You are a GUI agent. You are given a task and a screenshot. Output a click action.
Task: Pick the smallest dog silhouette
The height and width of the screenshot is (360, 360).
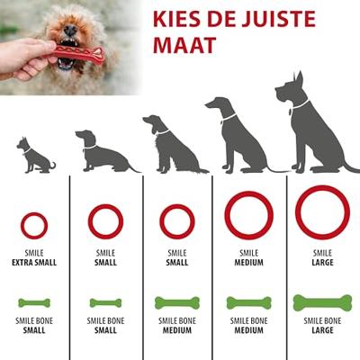(35, 156)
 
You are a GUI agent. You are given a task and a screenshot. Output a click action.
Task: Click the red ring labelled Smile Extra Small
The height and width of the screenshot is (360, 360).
(34, 225)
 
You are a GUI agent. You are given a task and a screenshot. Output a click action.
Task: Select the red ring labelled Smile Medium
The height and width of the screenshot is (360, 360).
(248, 216)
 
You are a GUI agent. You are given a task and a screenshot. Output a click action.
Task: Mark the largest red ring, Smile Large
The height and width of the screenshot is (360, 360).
(321, 211)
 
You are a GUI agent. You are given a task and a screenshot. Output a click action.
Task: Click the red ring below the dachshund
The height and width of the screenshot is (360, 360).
(105, 221)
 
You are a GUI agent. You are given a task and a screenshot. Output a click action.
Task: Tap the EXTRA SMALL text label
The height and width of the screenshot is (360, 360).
(34, 264)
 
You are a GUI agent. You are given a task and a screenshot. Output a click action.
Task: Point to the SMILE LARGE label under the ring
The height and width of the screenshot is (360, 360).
(321, 258)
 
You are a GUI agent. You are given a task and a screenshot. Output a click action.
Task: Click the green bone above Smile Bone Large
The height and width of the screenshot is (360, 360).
(321, 303)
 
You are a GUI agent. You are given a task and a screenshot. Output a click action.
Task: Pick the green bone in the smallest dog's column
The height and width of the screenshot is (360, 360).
(34, 303)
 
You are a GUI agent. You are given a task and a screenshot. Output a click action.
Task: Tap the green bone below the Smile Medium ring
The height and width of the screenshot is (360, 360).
(249, 303)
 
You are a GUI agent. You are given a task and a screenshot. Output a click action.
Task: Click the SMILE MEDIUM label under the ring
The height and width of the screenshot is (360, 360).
(249, 258)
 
